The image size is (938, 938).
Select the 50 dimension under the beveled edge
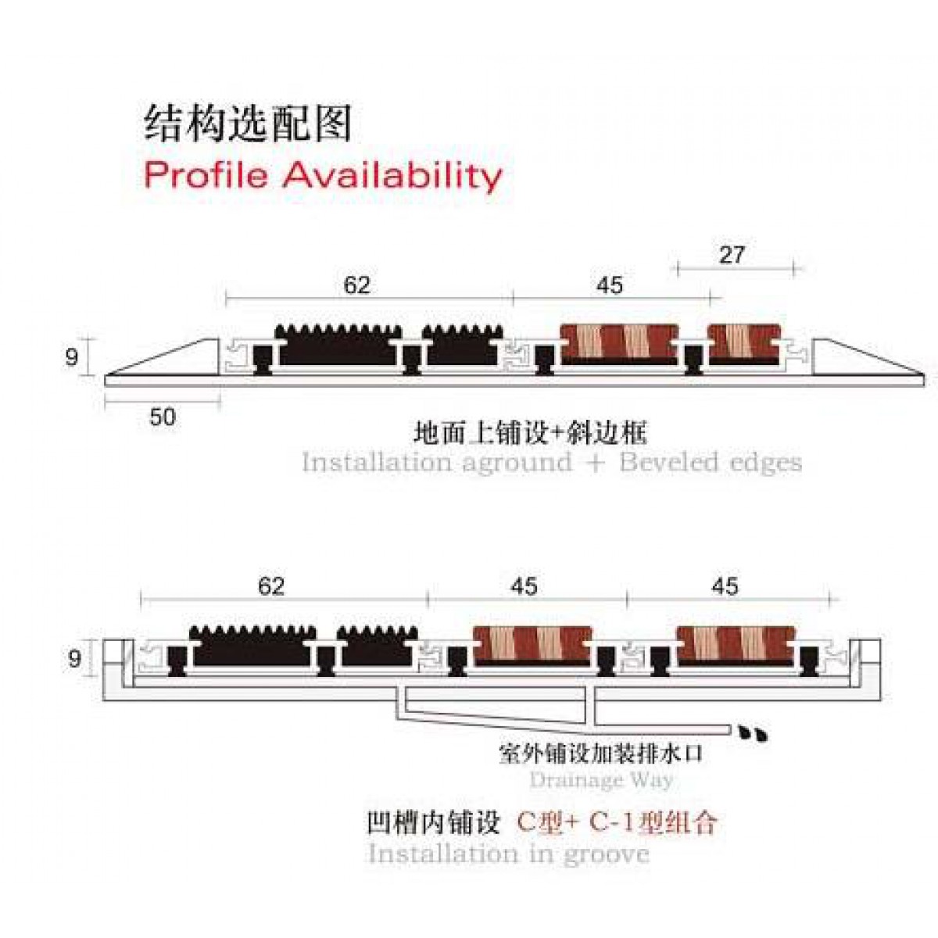[163, 417]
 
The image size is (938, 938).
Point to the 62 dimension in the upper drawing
[356, 285]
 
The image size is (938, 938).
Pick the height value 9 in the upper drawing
[71, 357]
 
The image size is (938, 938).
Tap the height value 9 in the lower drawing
[74, 659]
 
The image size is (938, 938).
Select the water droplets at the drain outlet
[753, 734]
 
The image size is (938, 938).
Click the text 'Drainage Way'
[600, 779]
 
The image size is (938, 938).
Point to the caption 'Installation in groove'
[508, 852]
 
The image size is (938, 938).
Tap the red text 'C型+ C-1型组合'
[618, 822]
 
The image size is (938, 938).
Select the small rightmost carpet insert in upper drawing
[743, 344]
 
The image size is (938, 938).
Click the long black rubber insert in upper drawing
[341, 346]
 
